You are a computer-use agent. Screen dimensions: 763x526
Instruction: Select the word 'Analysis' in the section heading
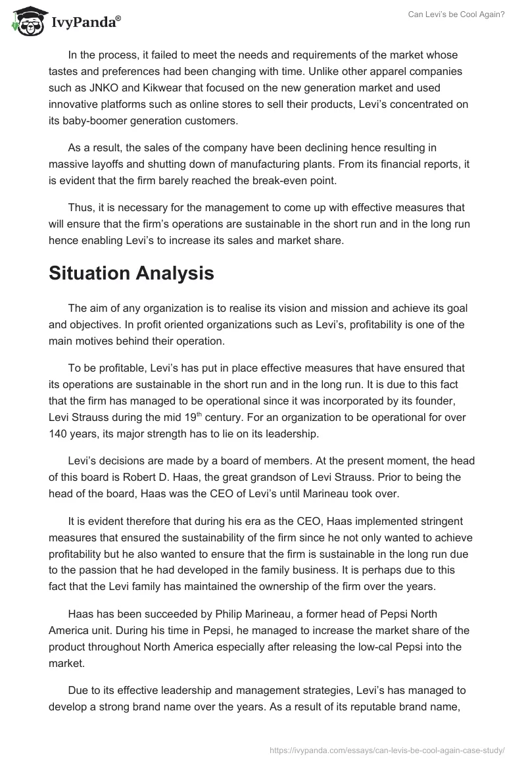178,273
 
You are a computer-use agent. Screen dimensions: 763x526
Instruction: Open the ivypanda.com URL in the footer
386,749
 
